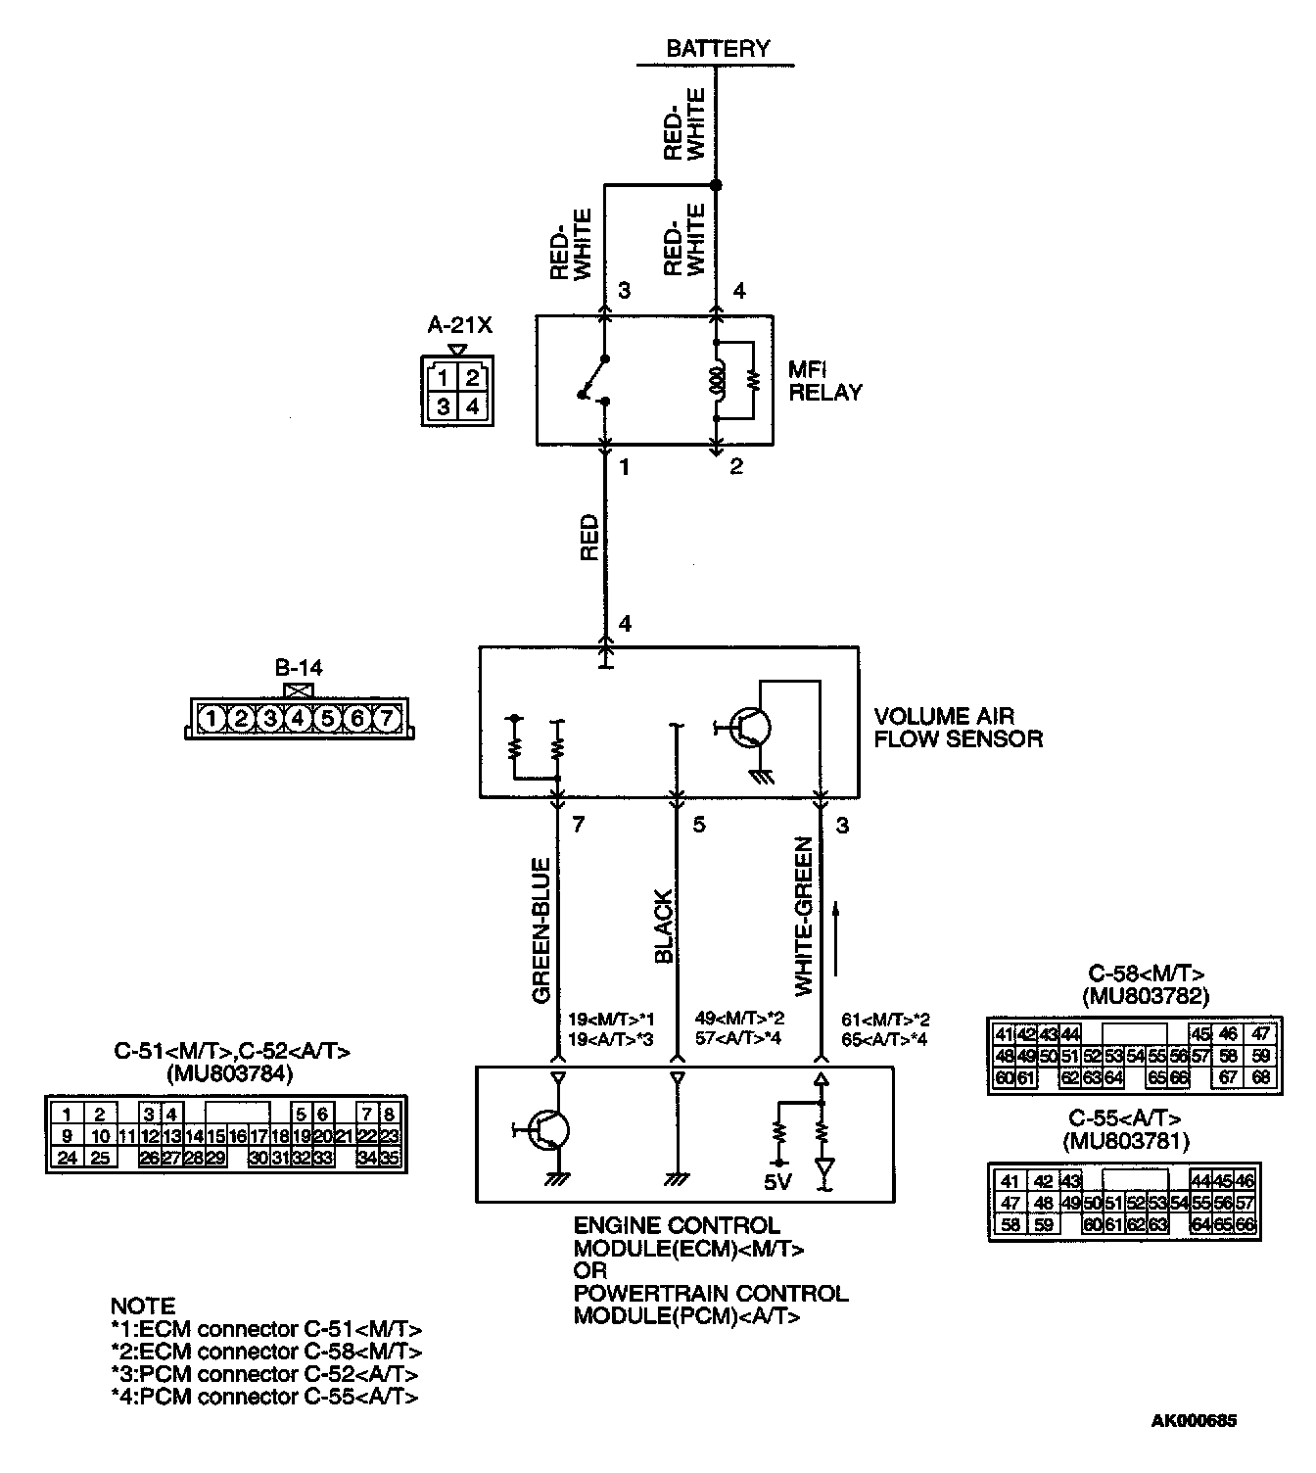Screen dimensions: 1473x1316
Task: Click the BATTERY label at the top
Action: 718,48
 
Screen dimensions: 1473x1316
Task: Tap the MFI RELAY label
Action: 824,381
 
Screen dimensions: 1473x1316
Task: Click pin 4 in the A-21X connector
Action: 473,405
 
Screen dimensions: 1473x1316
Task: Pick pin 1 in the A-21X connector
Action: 444,378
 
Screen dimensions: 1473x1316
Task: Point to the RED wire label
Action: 588,539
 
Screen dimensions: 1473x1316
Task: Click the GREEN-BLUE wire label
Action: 540,930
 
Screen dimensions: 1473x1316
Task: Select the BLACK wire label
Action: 663,927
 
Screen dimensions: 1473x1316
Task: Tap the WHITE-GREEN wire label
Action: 804,917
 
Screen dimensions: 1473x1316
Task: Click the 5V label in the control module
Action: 776,1182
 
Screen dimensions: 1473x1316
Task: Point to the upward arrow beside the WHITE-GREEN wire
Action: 836,938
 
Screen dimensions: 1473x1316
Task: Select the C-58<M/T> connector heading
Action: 1146,974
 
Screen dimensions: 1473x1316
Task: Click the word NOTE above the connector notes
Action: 143,1307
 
